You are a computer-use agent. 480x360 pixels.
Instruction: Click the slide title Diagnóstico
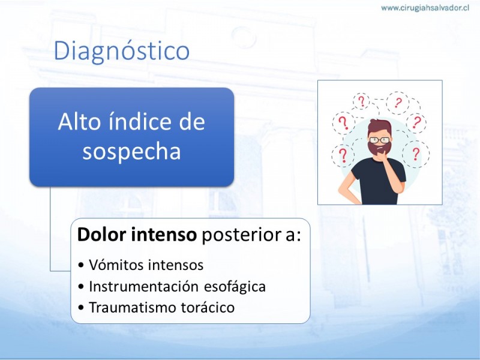[122, 51]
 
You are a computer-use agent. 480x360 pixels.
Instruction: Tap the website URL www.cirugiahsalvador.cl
[425, 8]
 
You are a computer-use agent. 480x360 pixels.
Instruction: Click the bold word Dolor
[102, 235]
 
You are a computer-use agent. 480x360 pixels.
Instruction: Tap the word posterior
[241, 235]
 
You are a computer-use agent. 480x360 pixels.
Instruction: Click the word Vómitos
[113, 265]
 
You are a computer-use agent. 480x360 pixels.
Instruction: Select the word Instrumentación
[144, 287]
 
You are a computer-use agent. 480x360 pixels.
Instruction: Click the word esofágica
[235, 287]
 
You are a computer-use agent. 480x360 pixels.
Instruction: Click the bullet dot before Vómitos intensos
[81, 265]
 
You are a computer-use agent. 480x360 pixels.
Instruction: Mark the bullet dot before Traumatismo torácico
[81, 308]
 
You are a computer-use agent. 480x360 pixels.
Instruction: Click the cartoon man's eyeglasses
[380, 140]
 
